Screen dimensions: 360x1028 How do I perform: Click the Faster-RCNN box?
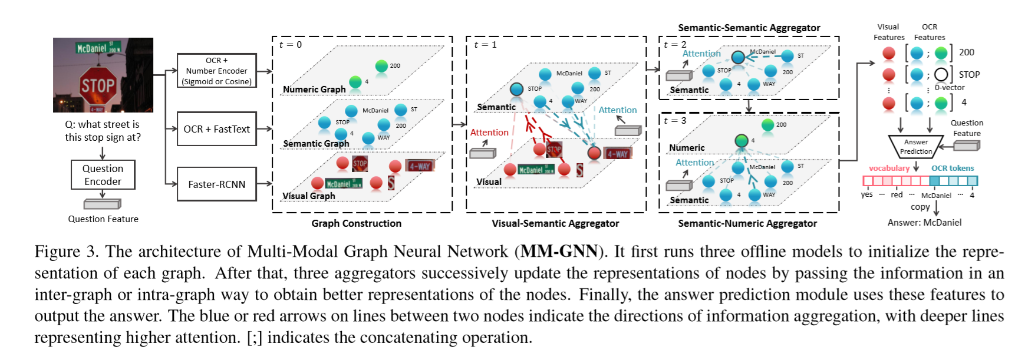(216, 184)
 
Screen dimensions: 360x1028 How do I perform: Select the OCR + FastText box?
(216, 129)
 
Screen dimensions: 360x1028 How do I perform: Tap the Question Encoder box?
(103, 175)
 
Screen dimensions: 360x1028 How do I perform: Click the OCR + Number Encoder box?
(216, 71)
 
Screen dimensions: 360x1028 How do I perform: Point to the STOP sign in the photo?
(98, 86)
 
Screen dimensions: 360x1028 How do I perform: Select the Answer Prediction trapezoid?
(915, 146)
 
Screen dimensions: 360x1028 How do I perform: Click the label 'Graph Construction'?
(356, 223)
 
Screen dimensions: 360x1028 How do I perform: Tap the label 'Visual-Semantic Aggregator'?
(555, 223)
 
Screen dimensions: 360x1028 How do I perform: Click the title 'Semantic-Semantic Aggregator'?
(749, 28)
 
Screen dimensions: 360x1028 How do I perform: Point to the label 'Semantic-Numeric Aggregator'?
(747, 223)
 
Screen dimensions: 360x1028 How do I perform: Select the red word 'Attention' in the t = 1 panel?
(489, 133)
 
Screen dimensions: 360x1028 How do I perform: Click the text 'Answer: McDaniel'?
(924, 223)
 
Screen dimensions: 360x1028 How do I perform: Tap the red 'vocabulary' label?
(888, 168)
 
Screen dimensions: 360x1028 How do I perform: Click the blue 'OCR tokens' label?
(952, 168)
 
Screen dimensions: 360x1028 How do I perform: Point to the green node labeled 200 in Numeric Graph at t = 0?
(381, 65)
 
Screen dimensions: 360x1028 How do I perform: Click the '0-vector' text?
(949, 88)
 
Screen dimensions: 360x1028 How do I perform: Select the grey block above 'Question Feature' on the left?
(102, 204)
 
